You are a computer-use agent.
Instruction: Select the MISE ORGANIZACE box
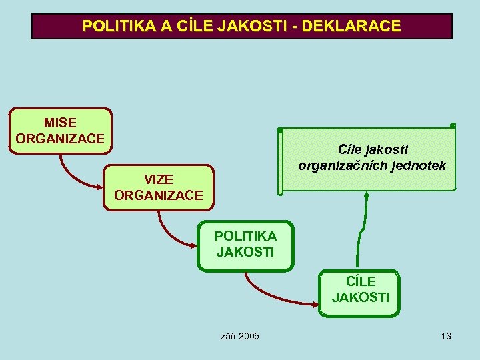[x=60, y=131]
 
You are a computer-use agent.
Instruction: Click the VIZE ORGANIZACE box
[x=158, y=187]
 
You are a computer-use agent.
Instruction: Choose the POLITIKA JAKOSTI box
[x=245, y=245]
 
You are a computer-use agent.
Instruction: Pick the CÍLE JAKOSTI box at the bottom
[x=360, y=291]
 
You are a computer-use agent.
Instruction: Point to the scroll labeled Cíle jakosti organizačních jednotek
[x=368, y=159]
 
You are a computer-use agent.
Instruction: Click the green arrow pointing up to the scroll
[x=363, y=227]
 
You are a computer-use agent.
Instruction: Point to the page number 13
[x=446, y=336]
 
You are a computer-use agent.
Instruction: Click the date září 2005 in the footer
[x=239, y=336]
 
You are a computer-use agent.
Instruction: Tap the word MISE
[x=60, y=123]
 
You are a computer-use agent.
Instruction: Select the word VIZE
[x=159, y=180]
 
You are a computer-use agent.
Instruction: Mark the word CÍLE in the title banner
[x=192, y=27]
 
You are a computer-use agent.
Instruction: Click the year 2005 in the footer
[x=248, y=336]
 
